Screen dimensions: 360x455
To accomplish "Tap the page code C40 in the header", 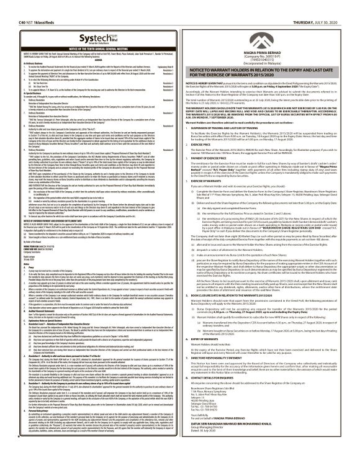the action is tap(7, 5).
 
